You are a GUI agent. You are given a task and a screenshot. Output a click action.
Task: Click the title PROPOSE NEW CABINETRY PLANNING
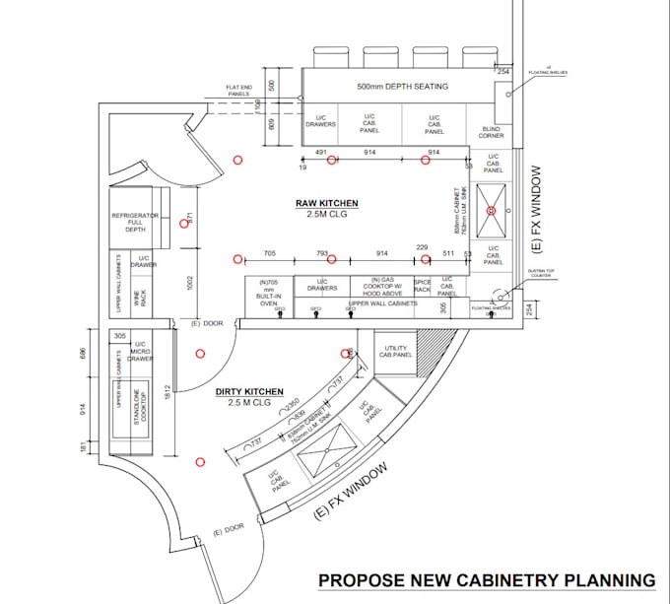(486, 580)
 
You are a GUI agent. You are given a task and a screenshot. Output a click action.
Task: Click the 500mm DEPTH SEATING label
(402, 87)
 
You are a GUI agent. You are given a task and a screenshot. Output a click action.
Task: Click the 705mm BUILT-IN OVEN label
(267, 293)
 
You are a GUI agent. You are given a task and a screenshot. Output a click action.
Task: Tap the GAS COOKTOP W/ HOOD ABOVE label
(382, 287)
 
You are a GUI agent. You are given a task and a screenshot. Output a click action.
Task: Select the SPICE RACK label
(423, 287)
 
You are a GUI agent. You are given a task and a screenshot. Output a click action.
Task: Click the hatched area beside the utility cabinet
(432, 353)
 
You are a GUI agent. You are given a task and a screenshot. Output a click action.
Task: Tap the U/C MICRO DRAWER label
(140, 352)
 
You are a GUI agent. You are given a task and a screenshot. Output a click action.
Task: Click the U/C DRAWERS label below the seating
(320, 123)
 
